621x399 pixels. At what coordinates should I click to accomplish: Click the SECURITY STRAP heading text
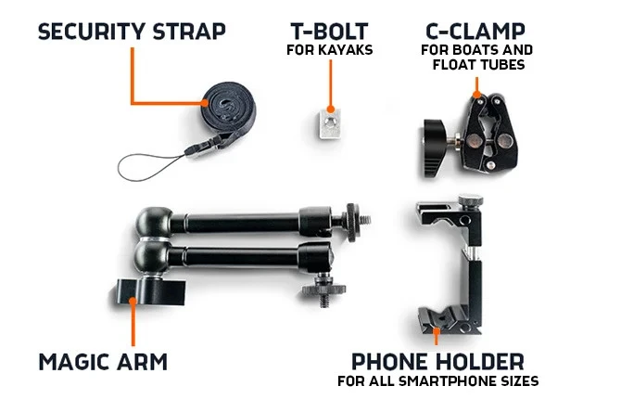point(131,31)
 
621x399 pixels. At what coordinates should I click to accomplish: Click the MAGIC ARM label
point(103,360)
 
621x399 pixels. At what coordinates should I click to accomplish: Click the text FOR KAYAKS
point(329,49)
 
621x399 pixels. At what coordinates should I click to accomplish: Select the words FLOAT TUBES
point(480,65)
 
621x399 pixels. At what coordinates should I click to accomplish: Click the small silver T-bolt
point(325,122)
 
